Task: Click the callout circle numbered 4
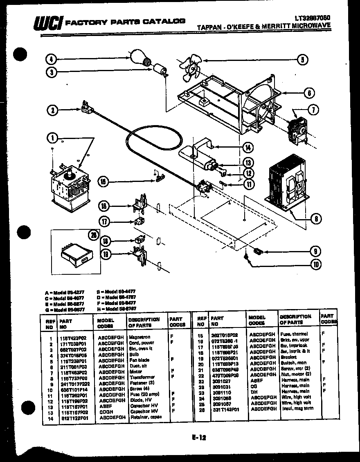pos(51,60)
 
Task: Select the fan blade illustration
pos(190,70)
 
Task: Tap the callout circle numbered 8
pos(315,218)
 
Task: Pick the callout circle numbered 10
pos(315,264)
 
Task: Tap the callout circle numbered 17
pos(105,222)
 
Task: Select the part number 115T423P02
pos(73,338)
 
